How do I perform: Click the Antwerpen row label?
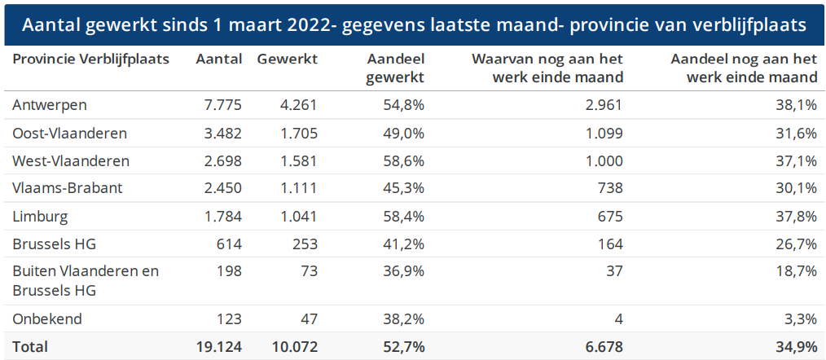[x=50, y=104]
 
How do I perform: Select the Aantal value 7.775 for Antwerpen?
[x=219, y=104]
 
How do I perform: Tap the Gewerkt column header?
[x=287, y=59]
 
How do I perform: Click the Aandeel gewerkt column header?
[x=395, y=68]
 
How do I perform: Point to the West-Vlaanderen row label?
[x=71, y=160]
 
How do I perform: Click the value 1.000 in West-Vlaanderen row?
[x=603, y=160]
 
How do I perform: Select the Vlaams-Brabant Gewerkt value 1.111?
[x=296, y=188]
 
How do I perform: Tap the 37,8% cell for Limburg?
[x=796, y=217]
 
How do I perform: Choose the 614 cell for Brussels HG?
[x=230, y=244]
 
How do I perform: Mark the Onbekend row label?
[x=47, y=318]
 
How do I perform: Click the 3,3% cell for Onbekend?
[x=800, y=318]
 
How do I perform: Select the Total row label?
[x=30, y=346]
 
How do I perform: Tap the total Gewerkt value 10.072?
[x=291, y=346]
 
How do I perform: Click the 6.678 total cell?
[x=603, y=346]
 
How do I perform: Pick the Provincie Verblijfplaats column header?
[x=90, y=59]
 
